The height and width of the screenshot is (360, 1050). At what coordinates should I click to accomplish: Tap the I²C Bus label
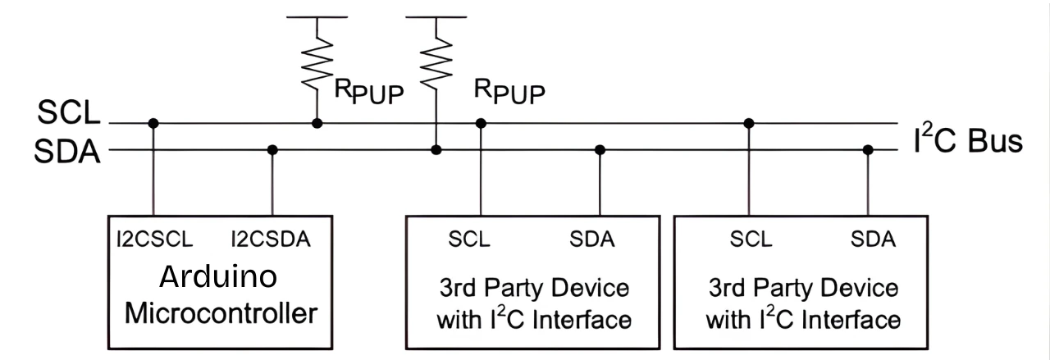tap(967, 141)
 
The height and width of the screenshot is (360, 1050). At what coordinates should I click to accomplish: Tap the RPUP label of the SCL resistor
tap(369, 93)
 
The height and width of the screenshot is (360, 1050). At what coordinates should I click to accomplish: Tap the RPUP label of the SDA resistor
tap(509, 93)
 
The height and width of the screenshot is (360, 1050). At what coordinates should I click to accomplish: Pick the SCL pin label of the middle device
tap(469, 239)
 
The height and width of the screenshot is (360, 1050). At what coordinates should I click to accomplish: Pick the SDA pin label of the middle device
tap(592, 239)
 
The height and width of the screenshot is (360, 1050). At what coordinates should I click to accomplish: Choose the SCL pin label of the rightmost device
tap(751, 239)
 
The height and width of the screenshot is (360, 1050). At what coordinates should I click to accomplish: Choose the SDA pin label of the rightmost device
tap(873, 239)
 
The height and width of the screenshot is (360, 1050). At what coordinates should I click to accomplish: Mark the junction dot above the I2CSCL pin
tap(153, 124)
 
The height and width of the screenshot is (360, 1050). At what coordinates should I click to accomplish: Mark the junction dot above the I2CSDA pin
tap(272, 150)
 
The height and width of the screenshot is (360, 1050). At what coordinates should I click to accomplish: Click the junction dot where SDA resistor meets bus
tap(436, 150)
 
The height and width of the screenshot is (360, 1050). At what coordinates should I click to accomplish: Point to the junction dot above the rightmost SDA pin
tap(868, 150)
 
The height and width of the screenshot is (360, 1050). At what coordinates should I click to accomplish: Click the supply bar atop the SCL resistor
tap(317, 16)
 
